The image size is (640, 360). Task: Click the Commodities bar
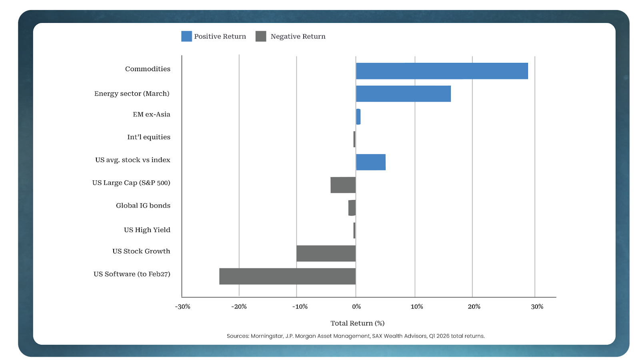442,71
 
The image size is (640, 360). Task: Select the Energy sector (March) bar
403,94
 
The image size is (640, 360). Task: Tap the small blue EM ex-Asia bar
358,116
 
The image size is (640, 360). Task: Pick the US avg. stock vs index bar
371,162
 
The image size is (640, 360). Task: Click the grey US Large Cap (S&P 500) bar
343,185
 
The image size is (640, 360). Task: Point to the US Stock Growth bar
326,253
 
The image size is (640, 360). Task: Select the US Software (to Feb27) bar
287,276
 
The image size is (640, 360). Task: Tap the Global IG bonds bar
352,208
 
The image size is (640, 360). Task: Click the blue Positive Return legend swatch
186,36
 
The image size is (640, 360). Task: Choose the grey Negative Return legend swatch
261,36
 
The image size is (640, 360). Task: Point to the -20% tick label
239,307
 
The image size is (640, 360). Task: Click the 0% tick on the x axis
356,307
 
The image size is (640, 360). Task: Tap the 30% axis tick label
537,307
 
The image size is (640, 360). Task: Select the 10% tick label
416,307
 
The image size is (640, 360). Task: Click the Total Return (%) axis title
357,323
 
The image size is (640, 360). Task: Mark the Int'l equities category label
149,137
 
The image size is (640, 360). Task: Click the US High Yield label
147,230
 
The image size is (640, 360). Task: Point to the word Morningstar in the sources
267,336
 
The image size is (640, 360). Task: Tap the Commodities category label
148,69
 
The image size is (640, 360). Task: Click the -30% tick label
182,307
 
